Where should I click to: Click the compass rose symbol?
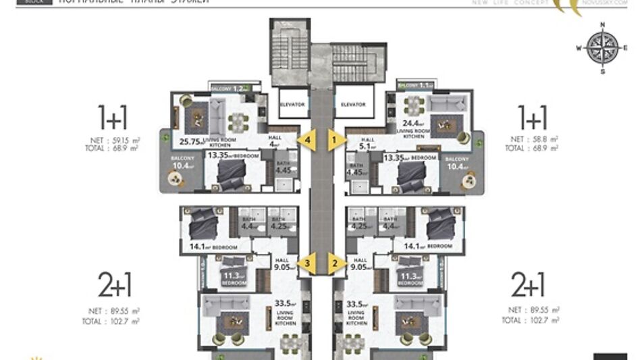(603, 47)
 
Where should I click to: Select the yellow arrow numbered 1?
(334, 140)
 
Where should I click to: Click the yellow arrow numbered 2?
(334, 263)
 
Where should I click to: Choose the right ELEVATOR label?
(353, 105)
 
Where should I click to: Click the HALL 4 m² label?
(274, 140)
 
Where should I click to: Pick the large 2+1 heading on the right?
(528, 286)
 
